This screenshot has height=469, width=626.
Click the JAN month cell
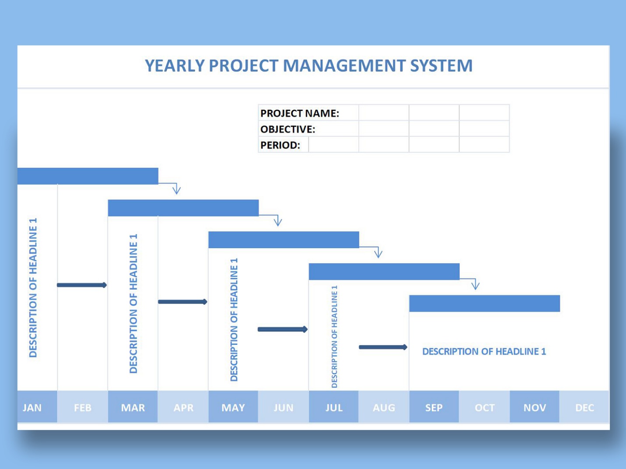[37, 406]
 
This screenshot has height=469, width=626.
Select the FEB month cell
[82, 406]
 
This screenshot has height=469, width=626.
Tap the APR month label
[184, 408]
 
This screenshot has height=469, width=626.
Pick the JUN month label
[283, 408]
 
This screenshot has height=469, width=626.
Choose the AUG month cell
[384, 406]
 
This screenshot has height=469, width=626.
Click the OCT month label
[485, 408]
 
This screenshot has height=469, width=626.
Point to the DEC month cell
[584, 406]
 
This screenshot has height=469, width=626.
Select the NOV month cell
[534, 406]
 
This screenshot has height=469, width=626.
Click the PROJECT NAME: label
[300, 113]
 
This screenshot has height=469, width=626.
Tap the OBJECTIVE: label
[288, 129]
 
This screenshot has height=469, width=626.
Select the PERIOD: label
[280, 145]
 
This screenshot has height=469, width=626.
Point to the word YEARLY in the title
[175, 66]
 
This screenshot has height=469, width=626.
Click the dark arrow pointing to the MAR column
[82, 285]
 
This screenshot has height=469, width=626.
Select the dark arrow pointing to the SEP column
[383, 347]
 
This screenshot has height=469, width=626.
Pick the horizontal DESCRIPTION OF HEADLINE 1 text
[484, 352]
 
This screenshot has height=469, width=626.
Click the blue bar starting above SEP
[485, 304]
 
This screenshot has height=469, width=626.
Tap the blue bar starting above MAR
[184, 208]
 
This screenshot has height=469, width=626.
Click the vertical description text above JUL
[334, 336]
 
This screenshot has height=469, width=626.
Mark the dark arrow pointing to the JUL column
[283, 329]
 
